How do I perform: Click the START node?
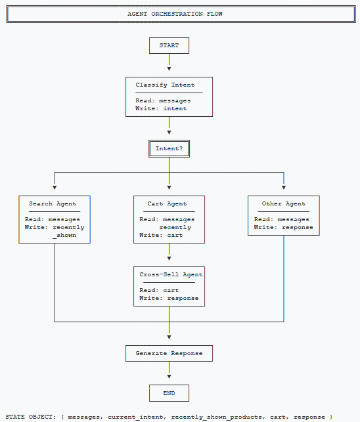(169, 45)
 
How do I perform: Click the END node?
(169, 393)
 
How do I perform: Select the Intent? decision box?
(169, 148)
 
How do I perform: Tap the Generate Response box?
(169, 353)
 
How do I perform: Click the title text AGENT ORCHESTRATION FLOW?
(179, 14)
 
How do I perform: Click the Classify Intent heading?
(165, 85)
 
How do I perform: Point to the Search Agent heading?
(54, 203)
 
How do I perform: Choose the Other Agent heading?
(283, 203)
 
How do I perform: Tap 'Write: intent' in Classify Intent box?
(161, 108)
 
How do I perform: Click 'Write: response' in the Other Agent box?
(283, 227)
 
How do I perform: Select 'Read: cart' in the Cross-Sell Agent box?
(159, 290)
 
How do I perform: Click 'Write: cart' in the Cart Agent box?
(161, 235)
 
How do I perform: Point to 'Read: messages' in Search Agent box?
(53, 219)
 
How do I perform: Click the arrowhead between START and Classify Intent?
(169, 68)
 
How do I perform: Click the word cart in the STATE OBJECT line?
(273, 417)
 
